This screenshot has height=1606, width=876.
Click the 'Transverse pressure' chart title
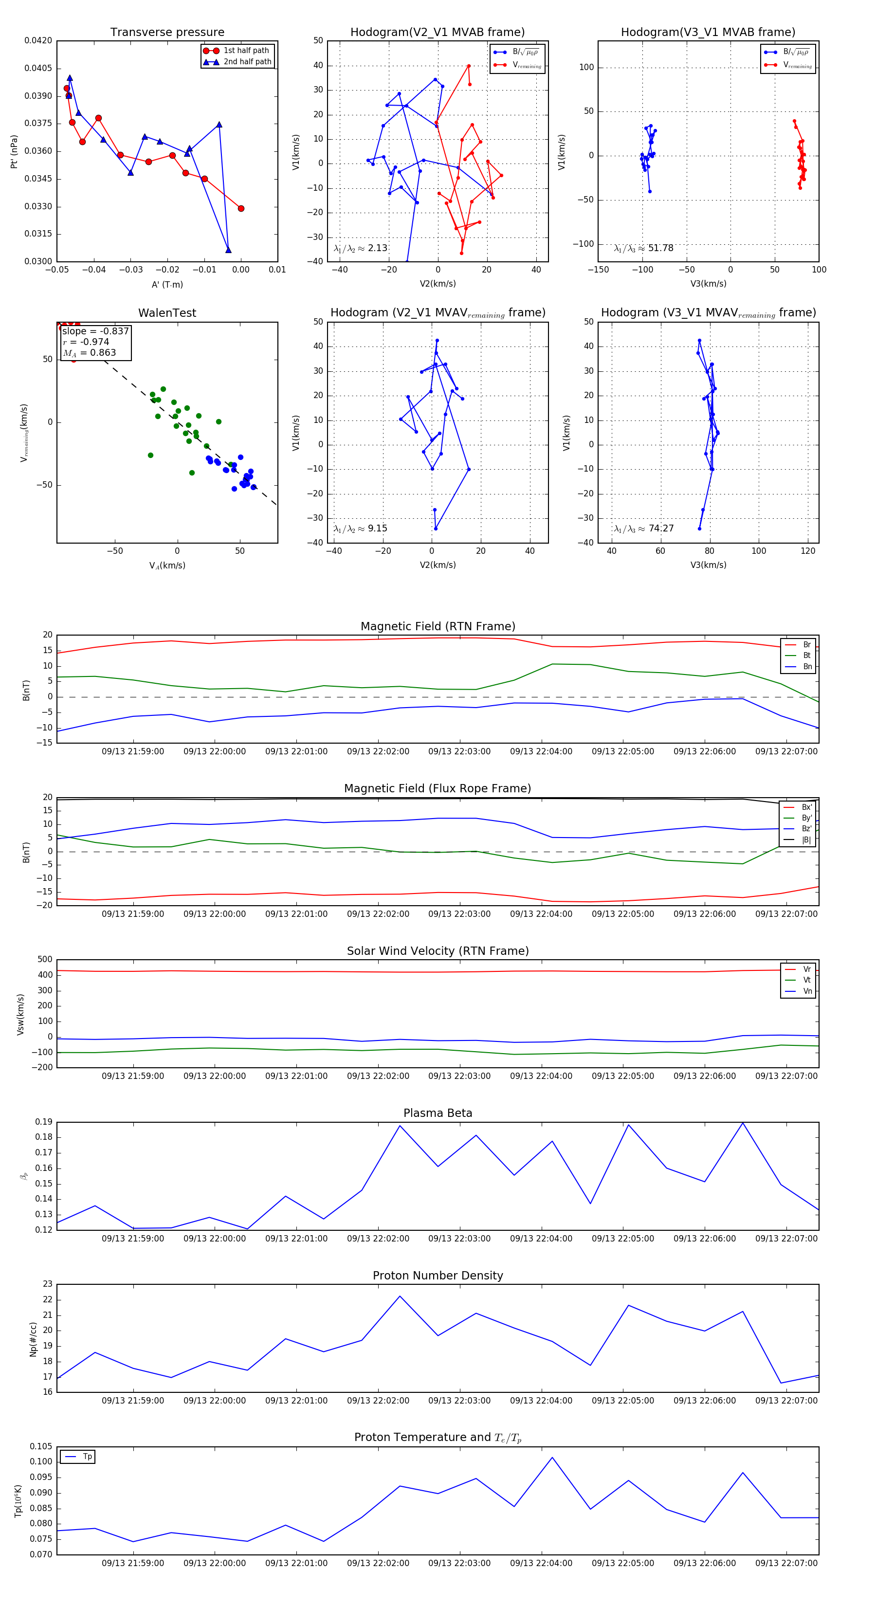(167, 33)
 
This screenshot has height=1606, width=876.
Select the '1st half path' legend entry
(246, 51)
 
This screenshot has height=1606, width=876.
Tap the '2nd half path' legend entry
(247, 62)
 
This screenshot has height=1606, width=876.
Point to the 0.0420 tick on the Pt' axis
(38, 40)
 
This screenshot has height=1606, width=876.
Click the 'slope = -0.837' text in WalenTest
(95, 331)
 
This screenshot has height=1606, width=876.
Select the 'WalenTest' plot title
(167, 313)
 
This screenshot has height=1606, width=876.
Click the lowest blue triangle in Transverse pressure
(228, 250)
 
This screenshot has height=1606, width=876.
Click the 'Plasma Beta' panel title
(438, 1113)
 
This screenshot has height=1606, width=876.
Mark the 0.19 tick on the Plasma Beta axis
(44, 1122)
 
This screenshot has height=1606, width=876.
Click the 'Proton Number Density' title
(438, 1276)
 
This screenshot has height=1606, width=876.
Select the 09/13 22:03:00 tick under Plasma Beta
(459, 1238)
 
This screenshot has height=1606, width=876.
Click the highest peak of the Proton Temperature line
(552, 1457)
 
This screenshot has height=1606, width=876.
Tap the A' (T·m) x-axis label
(167, 284)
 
